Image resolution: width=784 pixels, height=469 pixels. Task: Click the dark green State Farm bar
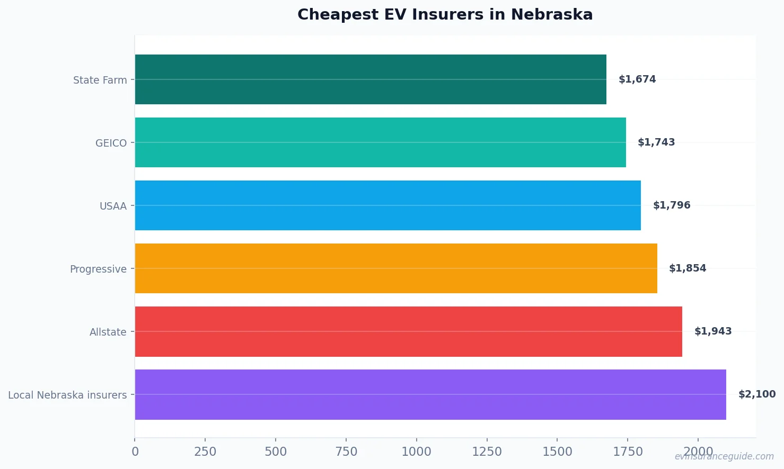click(371, 79)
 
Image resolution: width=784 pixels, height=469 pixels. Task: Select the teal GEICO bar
click(380, 142)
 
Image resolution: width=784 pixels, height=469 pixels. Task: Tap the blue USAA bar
click(387, 205)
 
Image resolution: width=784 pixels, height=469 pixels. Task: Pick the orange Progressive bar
click(396, 268)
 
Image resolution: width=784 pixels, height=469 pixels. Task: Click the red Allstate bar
click(408, 331)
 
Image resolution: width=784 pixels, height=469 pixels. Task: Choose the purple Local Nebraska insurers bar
click(430, 394)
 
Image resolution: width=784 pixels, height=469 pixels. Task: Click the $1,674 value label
click(637, 79)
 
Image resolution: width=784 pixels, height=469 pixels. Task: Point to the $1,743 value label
click(656, 142)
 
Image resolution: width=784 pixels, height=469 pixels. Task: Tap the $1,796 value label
click(672, 205)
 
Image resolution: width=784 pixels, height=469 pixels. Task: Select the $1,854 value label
click(688, 268)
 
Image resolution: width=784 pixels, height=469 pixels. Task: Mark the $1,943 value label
click(713, 331)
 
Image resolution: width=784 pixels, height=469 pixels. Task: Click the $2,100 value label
click(757, 394)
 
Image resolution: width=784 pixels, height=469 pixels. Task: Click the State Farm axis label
click(100, 80)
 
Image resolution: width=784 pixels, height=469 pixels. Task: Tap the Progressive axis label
click(98, 269)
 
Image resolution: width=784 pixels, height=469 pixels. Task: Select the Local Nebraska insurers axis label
click(67, 395)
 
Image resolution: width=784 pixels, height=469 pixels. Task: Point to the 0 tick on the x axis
click(135, 452)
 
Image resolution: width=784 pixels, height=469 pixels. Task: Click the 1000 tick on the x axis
click(416, 452)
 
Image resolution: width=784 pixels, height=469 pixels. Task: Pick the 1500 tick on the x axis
click(557, 452)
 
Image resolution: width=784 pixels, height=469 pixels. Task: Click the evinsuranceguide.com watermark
click(724, 456)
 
